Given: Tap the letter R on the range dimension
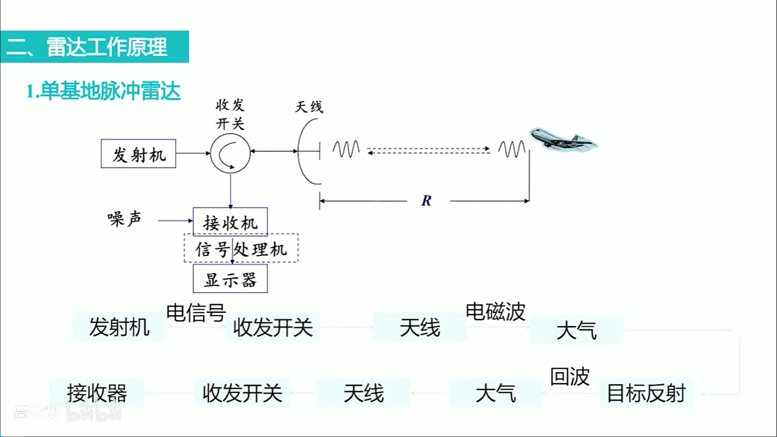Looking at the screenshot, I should tap(426, 201).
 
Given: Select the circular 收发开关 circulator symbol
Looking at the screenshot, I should tap(230, 153).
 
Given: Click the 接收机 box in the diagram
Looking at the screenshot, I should tap(230, 222).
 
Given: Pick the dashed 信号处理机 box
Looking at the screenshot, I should tap(241, 249).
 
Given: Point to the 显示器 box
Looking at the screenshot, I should tap(230, 279).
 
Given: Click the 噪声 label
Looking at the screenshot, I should tap(124, 219).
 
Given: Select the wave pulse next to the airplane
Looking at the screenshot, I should tap(512, 149).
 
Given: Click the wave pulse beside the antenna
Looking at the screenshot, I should tap(346, 149).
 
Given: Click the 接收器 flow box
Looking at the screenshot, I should tap(97, 393).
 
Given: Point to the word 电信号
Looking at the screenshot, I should tap(196, 312).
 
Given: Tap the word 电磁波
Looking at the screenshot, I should tap(495, 311).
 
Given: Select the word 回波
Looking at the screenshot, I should tap(570, 376).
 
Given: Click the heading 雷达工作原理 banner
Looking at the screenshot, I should tap(95, 47).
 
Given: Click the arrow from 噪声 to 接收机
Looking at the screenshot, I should tap(175, 221).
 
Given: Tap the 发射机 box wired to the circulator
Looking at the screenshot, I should tap(139, 154).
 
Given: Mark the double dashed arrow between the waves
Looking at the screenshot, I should tap(428, 150).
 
